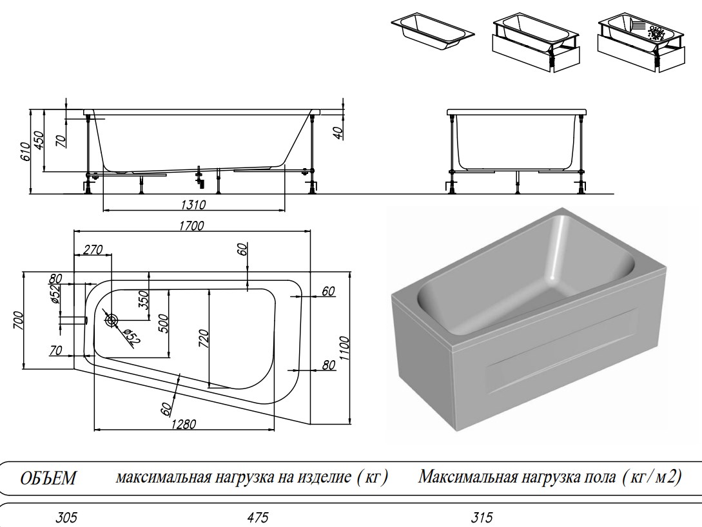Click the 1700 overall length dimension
pyautogui.click(x=192, y=225)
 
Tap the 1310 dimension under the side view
pyautogui.click(x=193, y=205)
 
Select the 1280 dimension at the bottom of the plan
pyautogui.click(x=183, y=424)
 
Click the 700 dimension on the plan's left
pyautogui.click(x=18, y=320)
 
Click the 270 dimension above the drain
pyautogui.click(x=93, y=251)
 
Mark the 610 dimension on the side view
pyautogui.click(x=25, y=151)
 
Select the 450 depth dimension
pyautogui.click(x=39, y=140)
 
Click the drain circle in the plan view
pyautogui.click(x=111, y=320)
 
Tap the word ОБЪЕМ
pyautogui.click(x=48, y=479)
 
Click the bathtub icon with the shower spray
pyautogui.click(x=640, y=43)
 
